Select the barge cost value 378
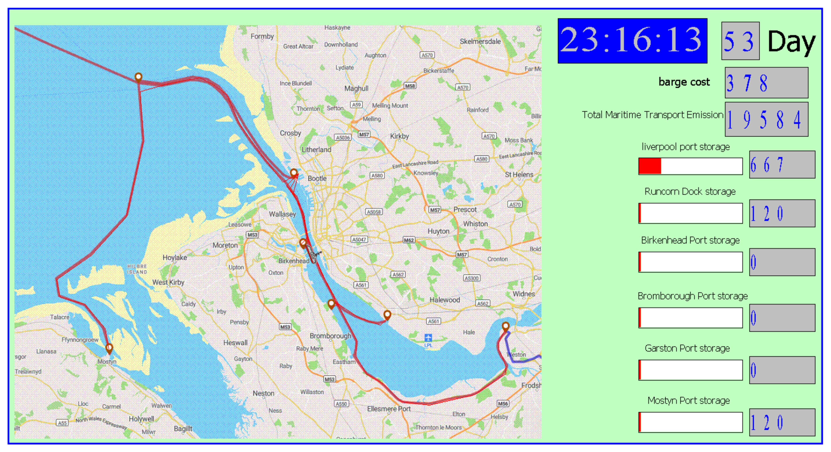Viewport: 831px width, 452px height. tap(766, 83)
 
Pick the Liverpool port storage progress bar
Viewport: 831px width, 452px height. tap(690, 166)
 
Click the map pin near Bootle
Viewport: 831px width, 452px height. tap(294, 173)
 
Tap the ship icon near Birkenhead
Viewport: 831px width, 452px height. tap(312, 254)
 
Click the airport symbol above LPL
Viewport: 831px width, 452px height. tap(428, 338)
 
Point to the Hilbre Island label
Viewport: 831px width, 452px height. tap(137, 269)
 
